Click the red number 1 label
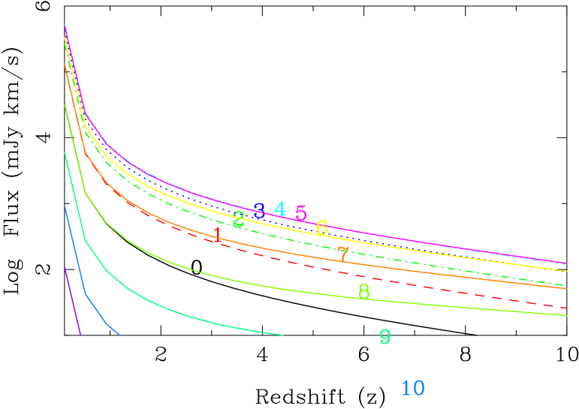(x=218, y=235)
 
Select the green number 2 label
(x=239, y=220)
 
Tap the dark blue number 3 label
(x=259, y=211)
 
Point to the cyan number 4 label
(x=280, y=209)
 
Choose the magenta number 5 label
(x=301, y=213)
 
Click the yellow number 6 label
(x=322, y=227)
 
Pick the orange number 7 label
(x=343, y=254)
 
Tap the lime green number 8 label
(x=364, y=291)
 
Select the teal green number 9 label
(x=385, y=337)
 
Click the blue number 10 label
(x=413, y=388)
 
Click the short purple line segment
(x=72, y=300)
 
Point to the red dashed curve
(x=451, y=290)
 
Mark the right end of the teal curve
(x=282, y=335)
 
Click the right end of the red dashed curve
(x=565, y=308)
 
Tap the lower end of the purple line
(x=80, y=334)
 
